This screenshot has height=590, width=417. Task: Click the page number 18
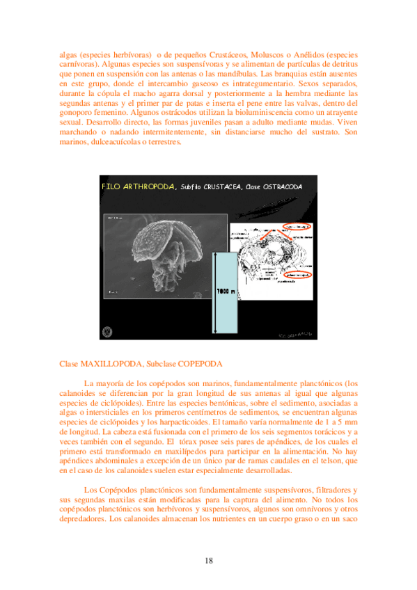click(209, 561)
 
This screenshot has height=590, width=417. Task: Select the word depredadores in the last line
click(84, 520)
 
